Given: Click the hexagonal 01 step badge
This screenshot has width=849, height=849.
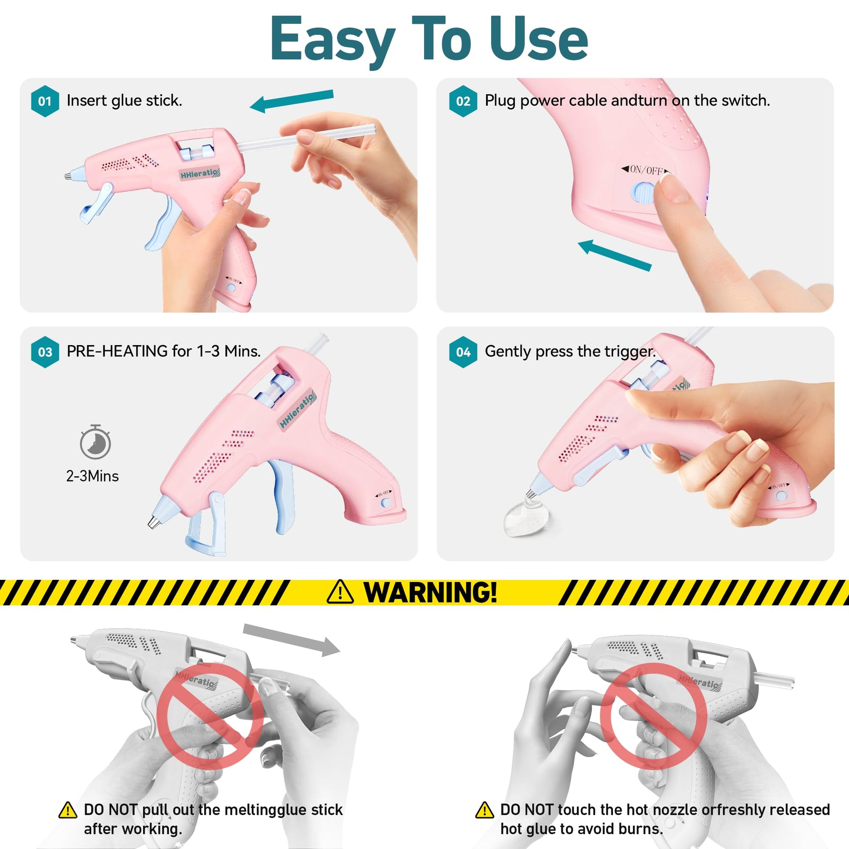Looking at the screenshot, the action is (45, 101).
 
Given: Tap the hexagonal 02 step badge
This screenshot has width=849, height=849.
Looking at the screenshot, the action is (463, 101).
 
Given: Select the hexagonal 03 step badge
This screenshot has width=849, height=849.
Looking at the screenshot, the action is (45, 352).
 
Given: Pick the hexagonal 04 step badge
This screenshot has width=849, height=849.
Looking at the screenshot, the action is (463, 352).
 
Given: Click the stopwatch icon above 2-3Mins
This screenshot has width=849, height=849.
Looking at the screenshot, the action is (96, 442).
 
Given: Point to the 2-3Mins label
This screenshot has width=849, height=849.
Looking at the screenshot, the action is (92, 476).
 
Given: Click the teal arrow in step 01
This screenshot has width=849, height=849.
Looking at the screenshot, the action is (292, 101).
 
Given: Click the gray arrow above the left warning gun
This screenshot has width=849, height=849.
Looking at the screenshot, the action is (291, 640).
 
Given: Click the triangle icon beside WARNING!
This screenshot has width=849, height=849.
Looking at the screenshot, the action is (340, 592).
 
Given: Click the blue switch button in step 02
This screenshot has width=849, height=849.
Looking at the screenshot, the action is (642, 193).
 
